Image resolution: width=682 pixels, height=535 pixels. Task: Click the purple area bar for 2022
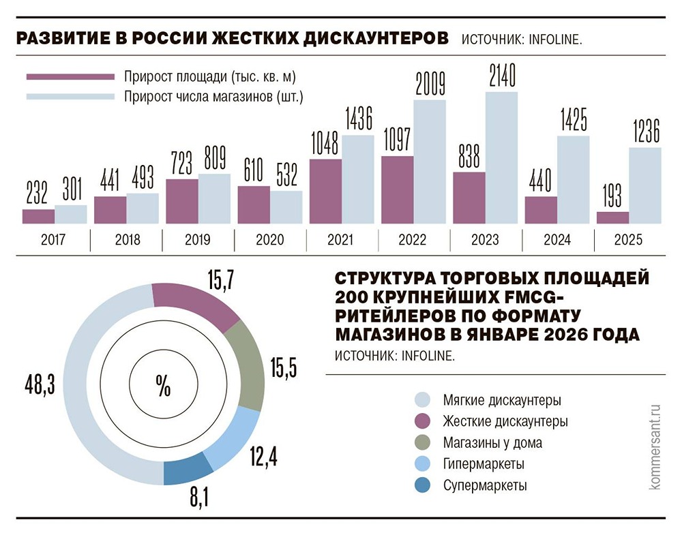tap(397, 190)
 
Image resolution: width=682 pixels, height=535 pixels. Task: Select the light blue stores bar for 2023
tap(501, 158)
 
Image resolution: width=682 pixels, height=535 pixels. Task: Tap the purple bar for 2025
tap(612, 217)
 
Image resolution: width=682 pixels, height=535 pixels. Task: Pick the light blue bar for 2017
tap(71, 214)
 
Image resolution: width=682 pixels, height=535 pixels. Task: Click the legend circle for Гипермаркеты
tap(423, 464)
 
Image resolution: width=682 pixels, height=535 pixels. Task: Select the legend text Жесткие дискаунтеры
tap(505, 421)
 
